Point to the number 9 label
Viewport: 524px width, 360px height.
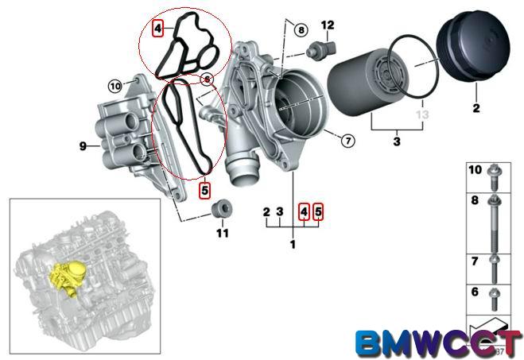82,145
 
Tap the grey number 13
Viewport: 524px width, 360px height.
421,114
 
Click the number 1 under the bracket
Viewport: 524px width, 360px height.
292,245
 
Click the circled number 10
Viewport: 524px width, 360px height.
114,83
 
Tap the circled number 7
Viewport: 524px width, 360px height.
347,142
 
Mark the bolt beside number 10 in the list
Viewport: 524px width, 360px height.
495,173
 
